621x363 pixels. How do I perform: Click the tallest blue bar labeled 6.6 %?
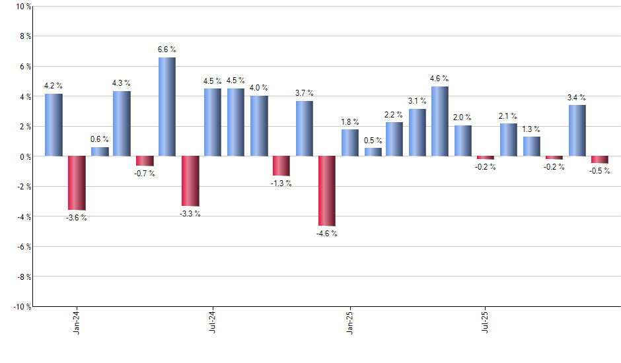tap(167, 107)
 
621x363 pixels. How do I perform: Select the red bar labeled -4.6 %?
tap(327, 191)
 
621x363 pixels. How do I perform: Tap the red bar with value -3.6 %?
tap(77, 183)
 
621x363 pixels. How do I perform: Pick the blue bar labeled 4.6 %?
tap(440, 121)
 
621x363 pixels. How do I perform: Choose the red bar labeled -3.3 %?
tap(190, 181)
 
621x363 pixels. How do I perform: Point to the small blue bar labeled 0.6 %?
tap(100, 152)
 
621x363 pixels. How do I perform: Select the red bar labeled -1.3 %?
tap(281, 166)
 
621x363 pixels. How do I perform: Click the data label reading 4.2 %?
tap(54, 86)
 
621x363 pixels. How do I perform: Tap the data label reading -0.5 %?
tap(600, 172)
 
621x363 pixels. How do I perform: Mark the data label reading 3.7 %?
tap(305, 93)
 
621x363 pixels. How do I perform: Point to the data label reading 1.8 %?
tap(350, 122)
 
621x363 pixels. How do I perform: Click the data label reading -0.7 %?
tap(145, 174)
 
